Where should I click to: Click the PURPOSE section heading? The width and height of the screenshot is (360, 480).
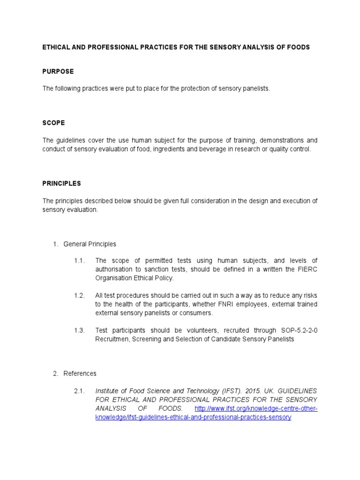click(58, 72)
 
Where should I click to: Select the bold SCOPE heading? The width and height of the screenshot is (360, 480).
click(53, 123)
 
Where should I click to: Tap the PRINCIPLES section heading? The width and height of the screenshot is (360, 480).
click(61, 183)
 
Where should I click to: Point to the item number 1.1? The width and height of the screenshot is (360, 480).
click(79, 261)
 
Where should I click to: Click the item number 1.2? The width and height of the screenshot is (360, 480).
click(79, 295)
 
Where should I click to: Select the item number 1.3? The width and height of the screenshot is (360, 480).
click(79, 330)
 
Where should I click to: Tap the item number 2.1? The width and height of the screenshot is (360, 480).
click(79, 390)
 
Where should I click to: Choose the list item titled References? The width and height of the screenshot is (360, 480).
click(80, 374)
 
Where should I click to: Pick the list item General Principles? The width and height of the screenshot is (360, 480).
click(90, 244)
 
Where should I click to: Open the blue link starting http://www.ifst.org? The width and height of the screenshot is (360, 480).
click(255, 408)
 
